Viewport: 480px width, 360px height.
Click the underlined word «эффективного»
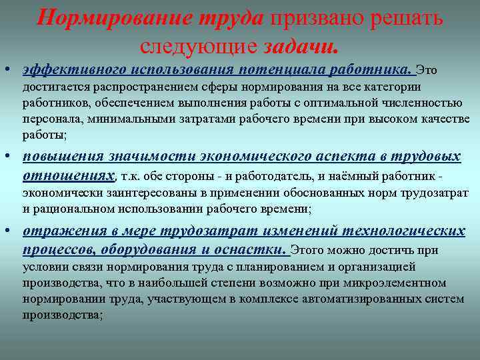[x=75, y=70]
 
